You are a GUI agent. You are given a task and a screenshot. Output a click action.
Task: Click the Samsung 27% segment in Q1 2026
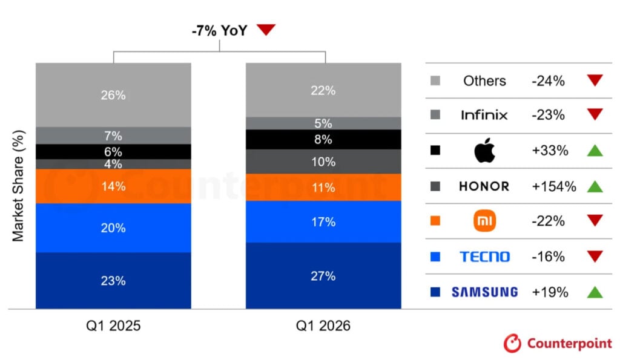(323, 275)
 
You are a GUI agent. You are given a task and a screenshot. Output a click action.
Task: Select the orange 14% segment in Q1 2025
(113, 186)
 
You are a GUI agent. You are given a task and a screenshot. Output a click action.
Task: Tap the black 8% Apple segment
(323, 140)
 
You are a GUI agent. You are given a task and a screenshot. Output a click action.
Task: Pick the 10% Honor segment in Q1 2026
(323, 162)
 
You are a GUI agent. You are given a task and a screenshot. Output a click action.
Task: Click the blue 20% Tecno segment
(113, 228)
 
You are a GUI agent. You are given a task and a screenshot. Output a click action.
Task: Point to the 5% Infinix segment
(323, 123)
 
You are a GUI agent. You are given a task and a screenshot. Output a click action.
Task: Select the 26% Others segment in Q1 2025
(113, 95)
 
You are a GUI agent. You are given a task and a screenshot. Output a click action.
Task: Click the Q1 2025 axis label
(113, 326)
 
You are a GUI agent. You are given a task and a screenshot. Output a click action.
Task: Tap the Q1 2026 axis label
(323, 326)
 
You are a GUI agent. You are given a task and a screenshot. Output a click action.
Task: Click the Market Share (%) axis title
(18, 186)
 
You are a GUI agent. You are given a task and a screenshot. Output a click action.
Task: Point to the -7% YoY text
(219, 30)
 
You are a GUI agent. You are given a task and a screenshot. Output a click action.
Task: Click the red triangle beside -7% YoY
(266, 29)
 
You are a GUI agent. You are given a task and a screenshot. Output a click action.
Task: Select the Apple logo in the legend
(485, 150)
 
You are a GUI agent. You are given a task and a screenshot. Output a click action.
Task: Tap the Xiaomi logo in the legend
(485, 220)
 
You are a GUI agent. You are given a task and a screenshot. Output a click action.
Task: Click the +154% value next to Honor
(554, 186)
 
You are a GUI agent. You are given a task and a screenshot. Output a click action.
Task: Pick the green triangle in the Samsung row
(595, 292)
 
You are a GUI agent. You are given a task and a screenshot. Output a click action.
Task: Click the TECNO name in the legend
(485, 257)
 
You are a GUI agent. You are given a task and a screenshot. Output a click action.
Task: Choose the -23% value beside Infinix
(548, 115)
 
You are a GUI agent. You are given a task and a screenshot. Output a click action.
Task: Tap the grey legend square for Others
(435, 80)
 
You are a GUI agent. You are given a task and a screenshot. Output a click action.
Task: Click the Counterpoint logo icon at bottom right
(512, 343)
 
